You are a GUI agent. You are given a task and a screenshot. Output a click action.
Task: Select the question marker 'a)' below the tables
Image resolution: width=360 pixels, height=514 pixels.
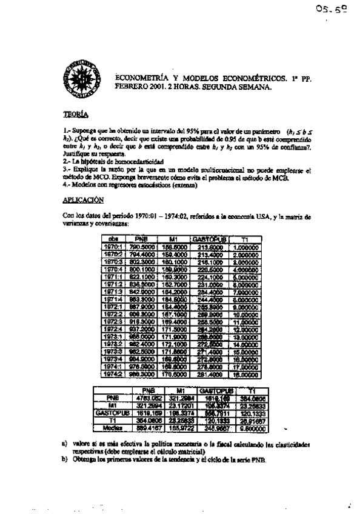point(64,444)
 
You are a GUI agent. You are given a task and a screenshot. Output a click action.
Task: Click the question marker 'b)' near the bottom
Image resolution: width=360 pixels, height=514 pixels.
point(64,458)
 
